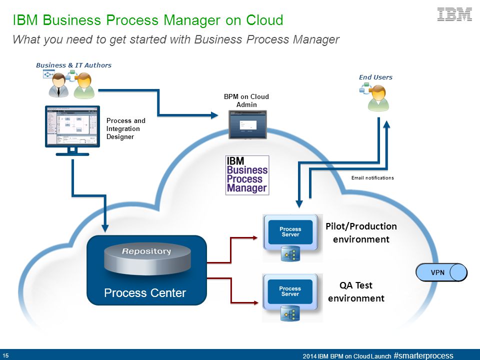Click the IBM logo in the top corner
pyautogui.click(x=454, y=14)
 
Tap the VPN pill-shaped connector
pyautogui.click(x=441, y=272)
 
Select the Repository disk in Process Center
pyautogui.click(x=147, y=258)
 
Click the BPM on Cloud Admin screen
pyautogui.click(x=247, y=124)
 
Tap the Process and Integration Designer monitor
pyautogui.click(x=72, y=130)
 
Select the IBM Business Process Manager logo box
pyautogui.click(x=247, y=175)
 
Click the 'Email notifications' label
pyautogui.click(x=372, y=178)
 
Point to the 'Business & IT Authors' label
pyautogui.click(x=73, y=65)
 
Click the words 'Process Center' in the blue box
pyautogui.click(x=145, y=293)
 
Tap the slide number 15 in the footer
pyautogui.click(x=5, y=355)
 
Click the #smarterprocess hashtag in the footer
pyautogui.click(x=423, y=355)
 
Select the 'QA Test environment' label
pyautogui.click(x=356, y=291)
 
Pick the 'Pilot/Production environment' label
pyautogui.click(x=361, y=232)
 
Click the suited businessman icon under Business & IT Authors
pyautogui.click(x=58, y=85)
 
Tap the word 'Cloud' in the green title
pyautogui.click(x=265, y=20)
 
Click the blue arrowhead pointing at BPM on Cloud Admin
pyautogui.click(x=214, y=115)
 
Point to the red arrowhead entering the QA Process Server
pyautogui.click(x=255, y=303)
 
